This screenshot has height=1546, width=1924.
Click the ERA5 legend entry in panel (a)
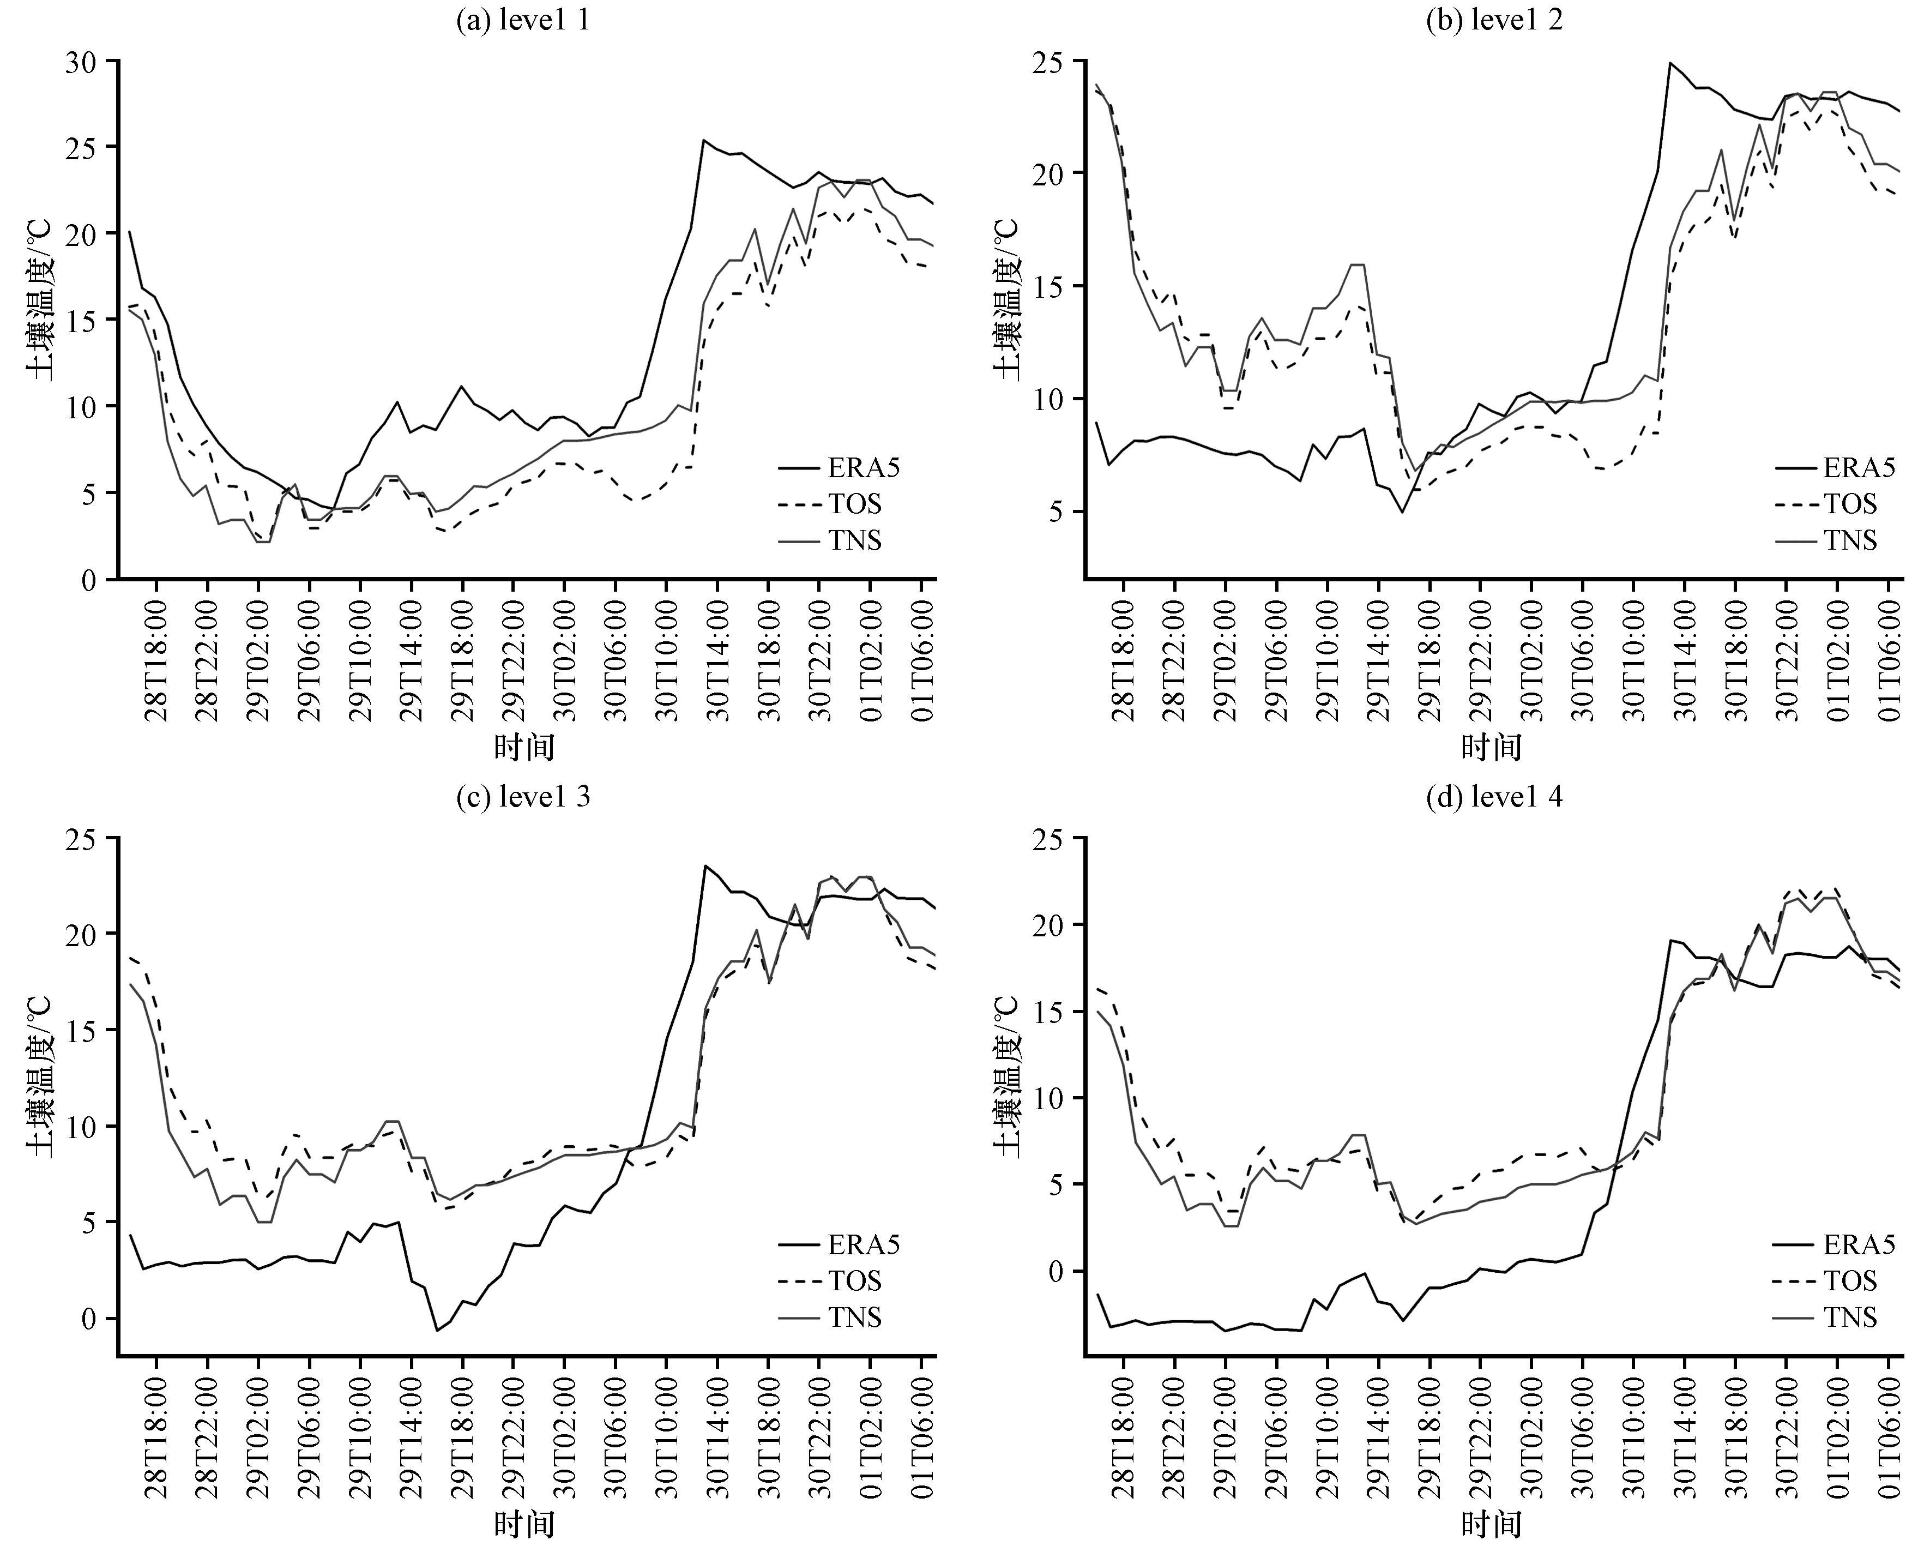point(839,468)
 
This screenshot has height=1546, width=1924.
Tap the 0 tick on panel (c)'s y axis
point(87,1319)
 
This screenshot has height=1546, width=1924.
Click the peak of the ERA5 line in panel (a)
point(703,140)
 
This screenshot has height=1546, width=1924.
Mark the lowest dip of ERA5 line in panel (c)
point(437,1331)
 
